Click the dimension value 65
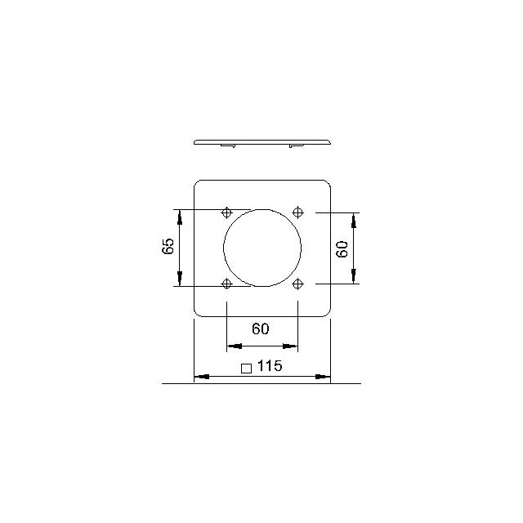168,246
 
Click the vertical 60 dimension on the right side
342,249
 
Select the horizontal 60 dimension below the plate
261,329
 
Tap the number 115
270,365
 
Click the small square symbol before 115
246,369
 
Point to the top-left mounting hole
227,212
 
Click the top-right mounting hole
297,212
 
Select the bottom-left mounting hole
227,284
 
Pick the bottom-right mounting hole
297,284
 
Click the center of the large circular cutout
262,248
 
